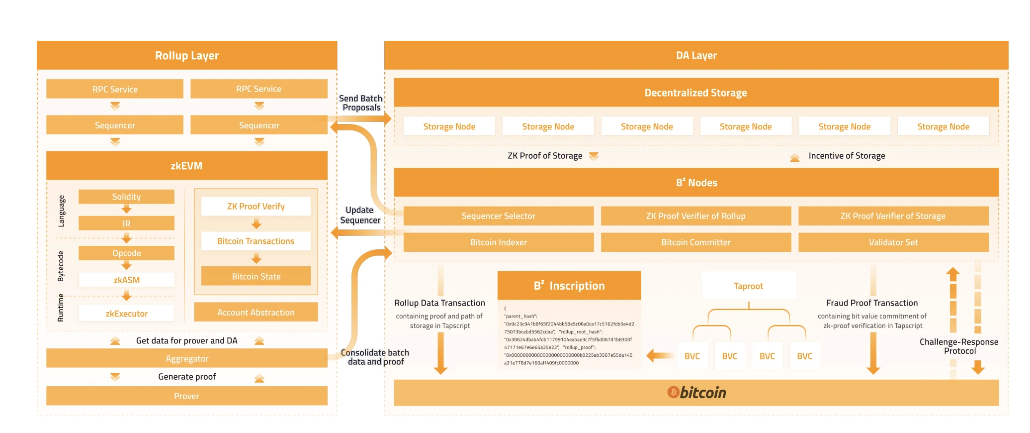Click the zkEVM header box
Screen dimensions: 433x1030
click(x=186, y=166)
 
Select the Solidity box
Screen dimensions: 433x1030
click(x=126, y=197)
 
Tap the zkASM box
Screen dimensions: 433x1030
click(x=126, y=280)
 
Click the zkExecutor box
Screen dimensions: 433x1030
click(x=126, y=314)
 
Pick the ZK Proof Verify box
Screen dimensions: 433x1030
click(x=256, y=206)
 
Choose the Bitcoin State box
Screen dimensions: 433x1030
click(x=256, y=276)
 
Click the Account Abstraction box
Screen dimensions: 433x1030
click(x=256, y=313)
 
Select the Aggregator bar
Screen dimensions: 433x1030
click(x=186, y=358)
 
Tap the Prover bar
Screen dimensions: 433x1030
click(x=186, y=396)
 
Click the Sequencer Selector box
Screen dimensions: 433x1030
click(x=498, y=216)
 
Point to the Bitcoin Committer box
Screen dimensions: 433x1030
click(x=695, y=242)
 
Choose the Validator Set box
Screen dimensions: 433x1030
click(x=893, y=242)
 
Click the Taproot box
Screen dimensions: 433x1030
click(x=748, y=286)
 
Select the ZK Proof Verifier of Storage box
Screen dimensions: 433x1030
click(x=893, y=216)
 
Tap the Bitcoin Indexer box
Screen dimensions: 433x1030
click(x=498, y=242)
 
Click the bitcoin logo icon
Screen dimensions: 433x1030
click(x=673, y=393)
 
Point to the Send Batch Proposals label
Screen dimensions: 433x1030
click(x=361, y=103)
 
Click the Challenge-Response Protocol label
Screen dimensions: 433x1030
click(x=959, y=346)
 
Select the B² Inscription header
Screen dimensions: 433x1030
click(x=569, y=286)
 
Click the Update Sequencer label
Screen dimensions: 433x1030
click(x=360, y=215)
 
